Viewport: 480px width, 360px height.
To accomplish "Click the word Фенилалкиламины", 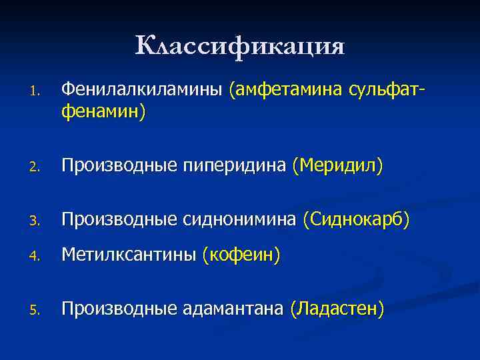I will click(x=141, y=89).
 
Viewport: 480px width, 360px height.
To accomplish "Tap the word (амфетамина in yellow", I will click(x=285, y=89).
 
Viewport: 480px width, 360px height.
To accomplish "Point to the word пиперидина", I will click(x=234, y=165).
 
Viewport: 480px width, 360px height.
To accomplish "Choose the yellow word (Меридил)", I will click(x=337, y=165).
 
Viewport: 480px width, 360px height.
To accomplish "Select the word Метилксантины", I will click(x=128, y=255).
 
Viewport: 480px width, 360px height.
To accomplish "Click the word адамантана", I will click(x=232, y=309).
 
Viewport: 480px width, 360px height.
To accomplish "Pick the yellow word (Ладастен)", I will click(x=337, y=309).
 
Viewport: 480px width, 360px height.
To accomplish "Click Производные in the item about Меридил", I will click(x=117, y=165).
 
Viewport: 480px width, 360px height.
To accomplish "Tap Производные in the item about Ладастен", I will click(x=117, y=309).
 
